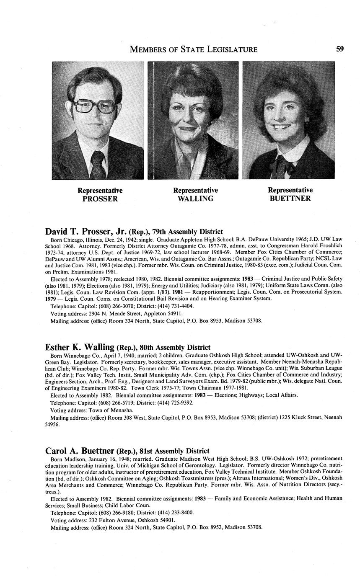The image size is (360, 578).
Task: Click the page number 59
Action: (x=340, y=49)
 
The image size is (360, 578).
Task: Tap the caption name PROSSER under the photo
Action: (x=100, y=199)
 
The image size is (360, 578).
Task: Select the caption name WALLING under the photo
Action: (x=195, y=199)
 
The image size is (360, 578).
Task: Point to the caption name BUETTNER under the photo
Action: (x=290, y=199)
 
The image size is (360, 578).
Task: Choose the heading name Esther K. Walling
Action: (x=80, y=347)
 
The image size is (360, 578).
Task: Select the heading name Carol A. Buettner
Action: (x=80, y=451)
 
